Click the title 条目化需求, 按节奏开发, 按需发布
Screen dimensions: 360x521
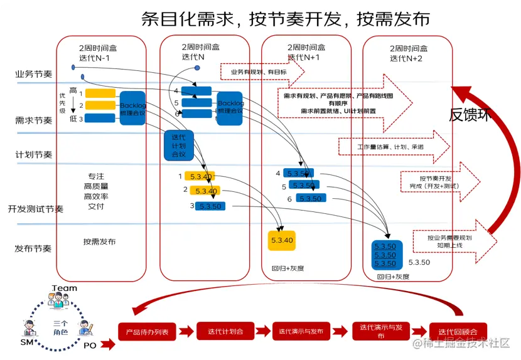285,18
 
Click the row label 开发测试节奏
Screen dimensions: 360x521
36,209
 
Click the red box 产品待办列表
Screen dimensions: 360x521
147,332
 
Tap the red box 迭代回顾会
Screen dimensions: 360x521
458,332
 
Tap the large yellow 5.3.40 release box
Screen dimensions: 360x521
281,241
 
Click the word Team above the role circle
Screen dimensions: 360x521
64,289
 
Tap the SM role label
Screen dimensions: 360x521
26,342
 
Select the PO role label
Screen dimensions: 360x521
90,345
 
